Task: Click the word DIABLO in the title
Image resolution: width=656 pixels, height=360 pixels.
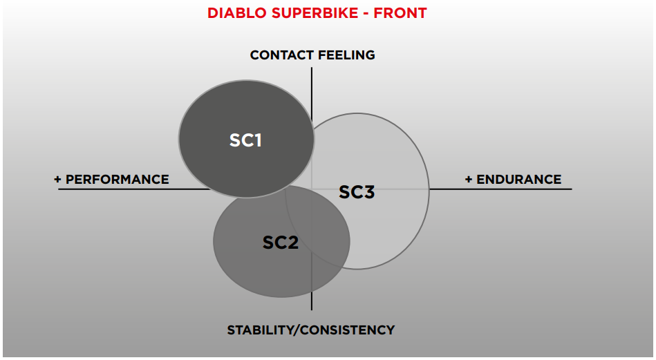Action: (237, 13)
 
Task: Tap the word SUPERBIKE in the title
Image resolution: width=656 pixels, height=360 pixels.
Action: (315, 13)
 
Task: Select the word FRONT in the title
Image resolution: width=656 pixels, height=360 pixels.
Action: (400, 13)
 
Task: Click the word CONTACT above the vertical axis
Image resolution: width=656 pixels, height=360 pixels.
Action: (281, 55)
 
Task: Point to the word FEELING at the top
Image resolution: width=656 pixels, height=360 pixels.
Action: (346, 55)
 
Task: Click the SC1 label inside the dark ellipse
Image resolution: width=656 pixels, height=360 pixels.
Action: (245, 140)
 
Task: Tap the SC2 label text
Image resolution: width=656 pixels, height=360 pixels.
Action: (281, 243)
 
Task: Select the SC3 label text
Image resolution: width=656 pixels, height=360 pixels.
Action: (357, 192)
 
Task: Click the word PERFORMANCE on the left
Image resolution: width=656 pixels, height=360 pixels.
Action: (117, 180)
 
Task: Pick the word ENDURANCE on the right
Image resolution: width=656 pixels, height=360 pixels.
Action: (518, 180)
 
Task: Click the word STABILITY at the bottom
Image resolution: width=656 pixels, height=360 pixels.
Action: (260, 330)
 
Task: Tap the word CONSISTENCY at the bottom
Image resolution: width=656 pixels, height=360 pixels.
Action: (347, 330)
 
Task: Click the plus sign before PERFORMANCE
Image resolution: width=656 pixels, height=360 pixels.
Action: (57, 180)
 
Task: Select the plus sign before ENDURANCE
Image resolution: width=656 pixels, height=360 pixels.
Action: (469, 180)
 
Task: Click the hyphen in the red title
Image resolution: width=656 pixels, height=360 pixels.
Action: (366, 14)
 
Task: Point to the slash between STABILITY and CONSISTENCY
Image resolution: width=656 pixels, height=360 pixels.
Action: (297, 330)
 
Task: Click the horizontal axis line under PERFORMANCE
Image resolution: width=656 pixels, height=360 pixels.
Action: (134, 189)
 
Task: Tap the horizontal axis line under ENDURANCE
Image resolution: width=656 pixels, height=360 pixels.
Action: (500, 189)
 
